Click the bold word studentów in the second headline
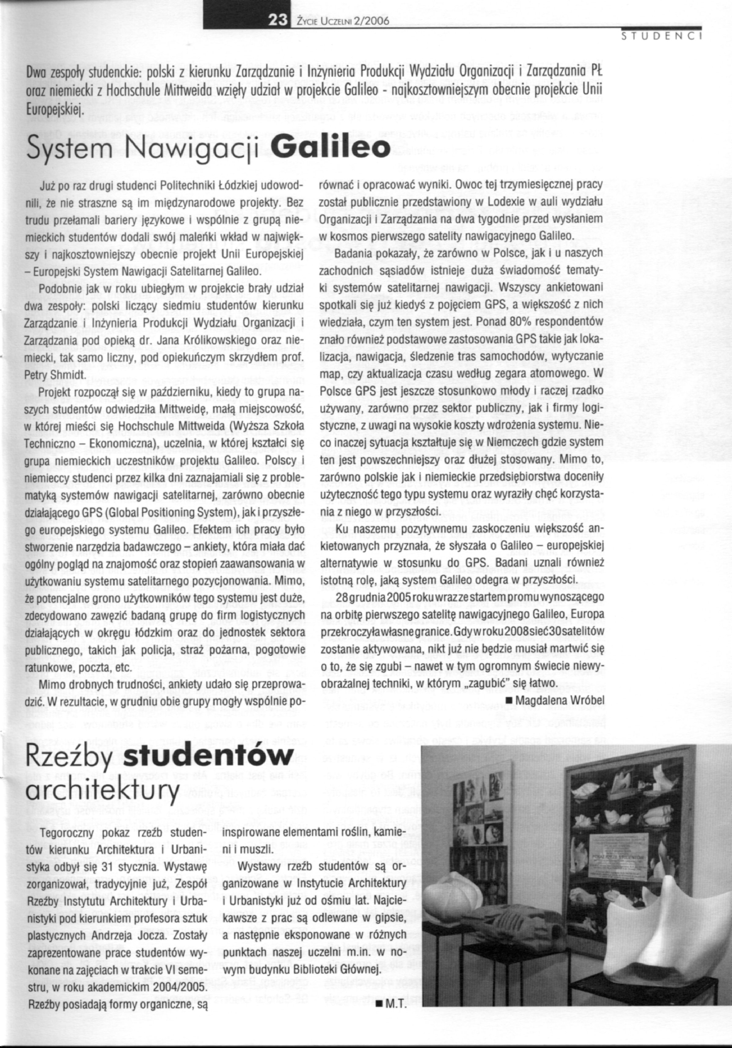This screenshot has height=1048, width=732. click(x=208, y=758)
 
